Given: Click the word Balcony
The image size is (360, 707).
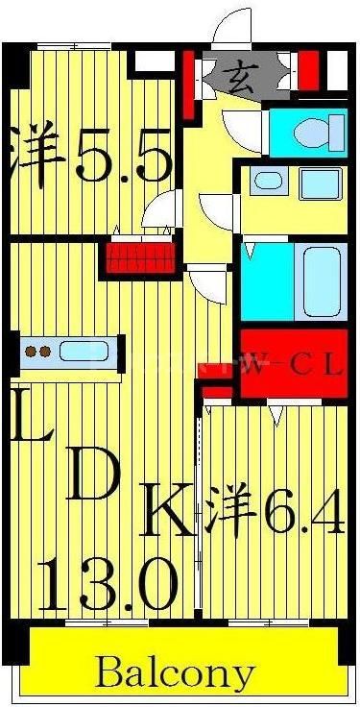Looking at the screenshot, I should click(x=176, y=672).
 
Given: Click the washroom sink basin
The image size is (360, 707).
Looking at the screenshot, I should click(x=318, y=183).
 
